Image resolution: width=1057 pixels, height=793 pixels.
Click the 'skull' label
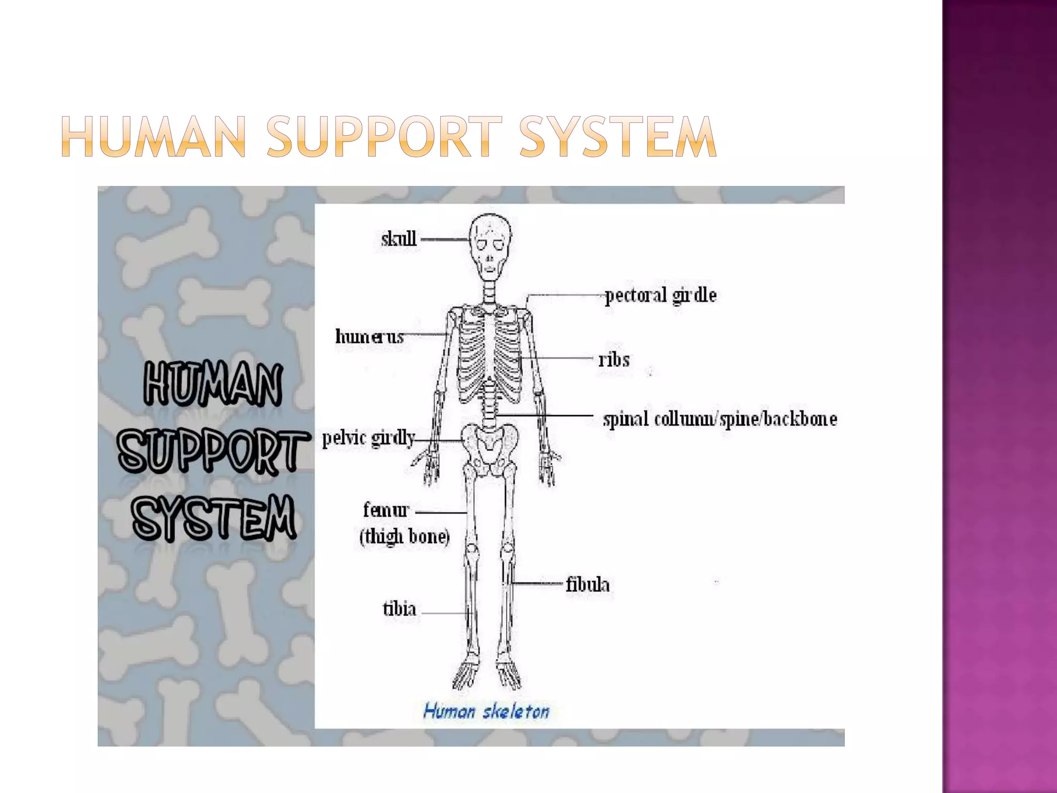click(398, 239)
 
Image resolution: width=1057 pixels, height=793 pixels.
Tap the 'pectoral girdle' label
click(660, 296)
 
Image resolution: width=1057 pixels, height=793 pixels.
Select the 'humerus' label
click(369, 337)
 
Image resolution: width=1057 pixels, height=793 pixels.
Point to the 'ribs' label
click(614, 359)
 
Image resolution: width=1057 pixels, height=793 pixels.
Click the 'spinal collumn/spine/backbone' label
click(719, 419)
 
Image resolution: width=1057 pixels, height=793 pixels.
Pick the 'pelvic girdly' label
click(369, 438)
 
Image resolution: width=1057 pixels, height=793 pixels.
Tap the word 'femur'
click(386, 510)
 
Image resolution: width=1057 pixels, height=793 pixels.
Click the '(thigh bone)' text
click(405, 536)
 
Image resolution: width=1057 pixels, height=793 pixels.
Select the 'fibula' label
click(587, 585)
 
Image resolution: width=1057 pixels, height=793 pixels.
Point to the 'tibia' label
click(399, 609)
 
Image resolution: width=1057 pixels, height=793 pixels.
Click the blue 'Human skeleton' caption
click(486, 712)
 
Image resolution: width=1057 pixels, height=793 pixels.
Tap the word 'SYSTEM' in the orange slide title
click(617, 136)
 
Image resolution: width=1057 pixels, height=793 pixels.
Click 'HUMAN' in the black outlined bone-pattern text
click(213, 385)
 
